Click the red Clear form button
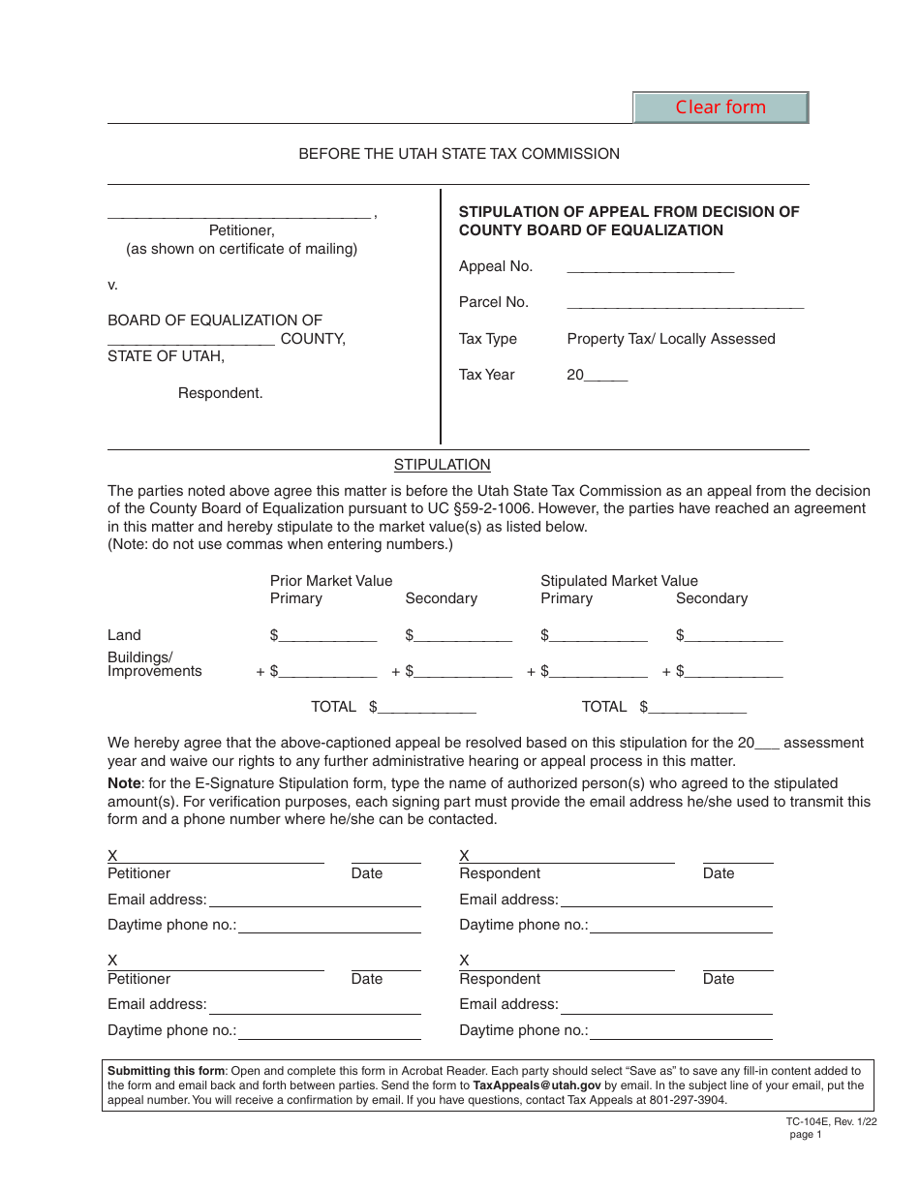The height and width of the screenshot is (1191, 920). (721, 107)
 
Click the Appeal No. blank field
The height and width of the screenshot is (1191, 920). (650, 266)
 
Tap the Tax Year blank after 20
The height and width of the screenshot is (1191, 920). (607, 375)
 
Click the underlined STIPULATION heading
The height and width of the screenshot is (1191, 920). (443, 465)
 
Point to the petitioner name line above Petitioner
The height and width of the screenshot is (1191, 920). (238, 214)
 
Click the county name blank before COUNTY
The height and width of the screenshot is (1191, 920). (192, 339)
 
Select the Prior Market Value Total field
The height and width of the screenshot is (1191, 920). (427, 707)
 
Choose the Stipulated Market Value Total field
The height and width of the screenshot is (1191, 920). (698, 707)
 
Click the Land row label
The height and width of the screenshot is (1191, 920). (124, 635)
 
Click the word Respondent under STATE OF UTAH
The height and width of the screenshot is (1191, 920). (221, 393)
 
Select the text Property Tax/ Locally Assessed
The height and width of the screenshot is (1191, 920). (671, 339)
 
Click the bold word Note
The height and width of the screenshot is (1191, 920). (124, 783)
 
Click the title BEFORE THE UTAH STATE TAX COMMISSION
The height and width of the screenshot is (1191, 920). (459, 154)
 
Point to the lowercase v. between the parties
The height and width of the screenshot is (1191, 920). (112, 285)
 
